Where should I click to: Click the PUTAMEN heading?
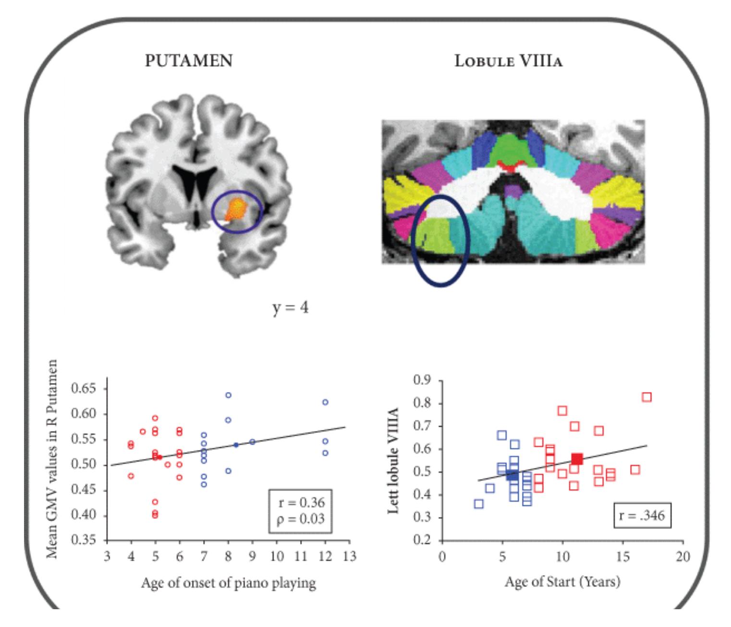(189, 61)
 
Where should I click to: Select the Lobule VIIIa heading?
(508, 61)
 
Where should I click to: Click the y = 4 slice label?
(290, 307)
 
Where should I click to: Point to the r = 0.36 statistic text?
(301, 503)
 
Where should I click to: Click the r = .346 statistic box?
(642, 516)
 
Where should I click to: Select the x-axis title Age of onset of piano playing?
(228, 583)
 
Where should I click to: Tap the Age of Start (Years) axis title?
(562, 582)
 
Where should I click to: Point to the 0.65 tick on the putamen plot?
(84, 388)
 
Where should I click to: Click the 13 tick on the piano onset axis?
(350, 556)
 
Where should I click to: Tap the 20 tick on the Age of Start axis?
(682, 556)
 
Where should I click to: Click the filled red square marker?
(577, 459)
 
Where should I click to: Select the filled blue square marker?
(512, 475)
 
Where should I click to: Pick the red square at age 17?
(646, 397)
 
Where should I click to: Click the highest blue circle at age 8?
(228, 395)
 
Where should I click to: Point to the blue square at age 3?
(478, 504)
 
